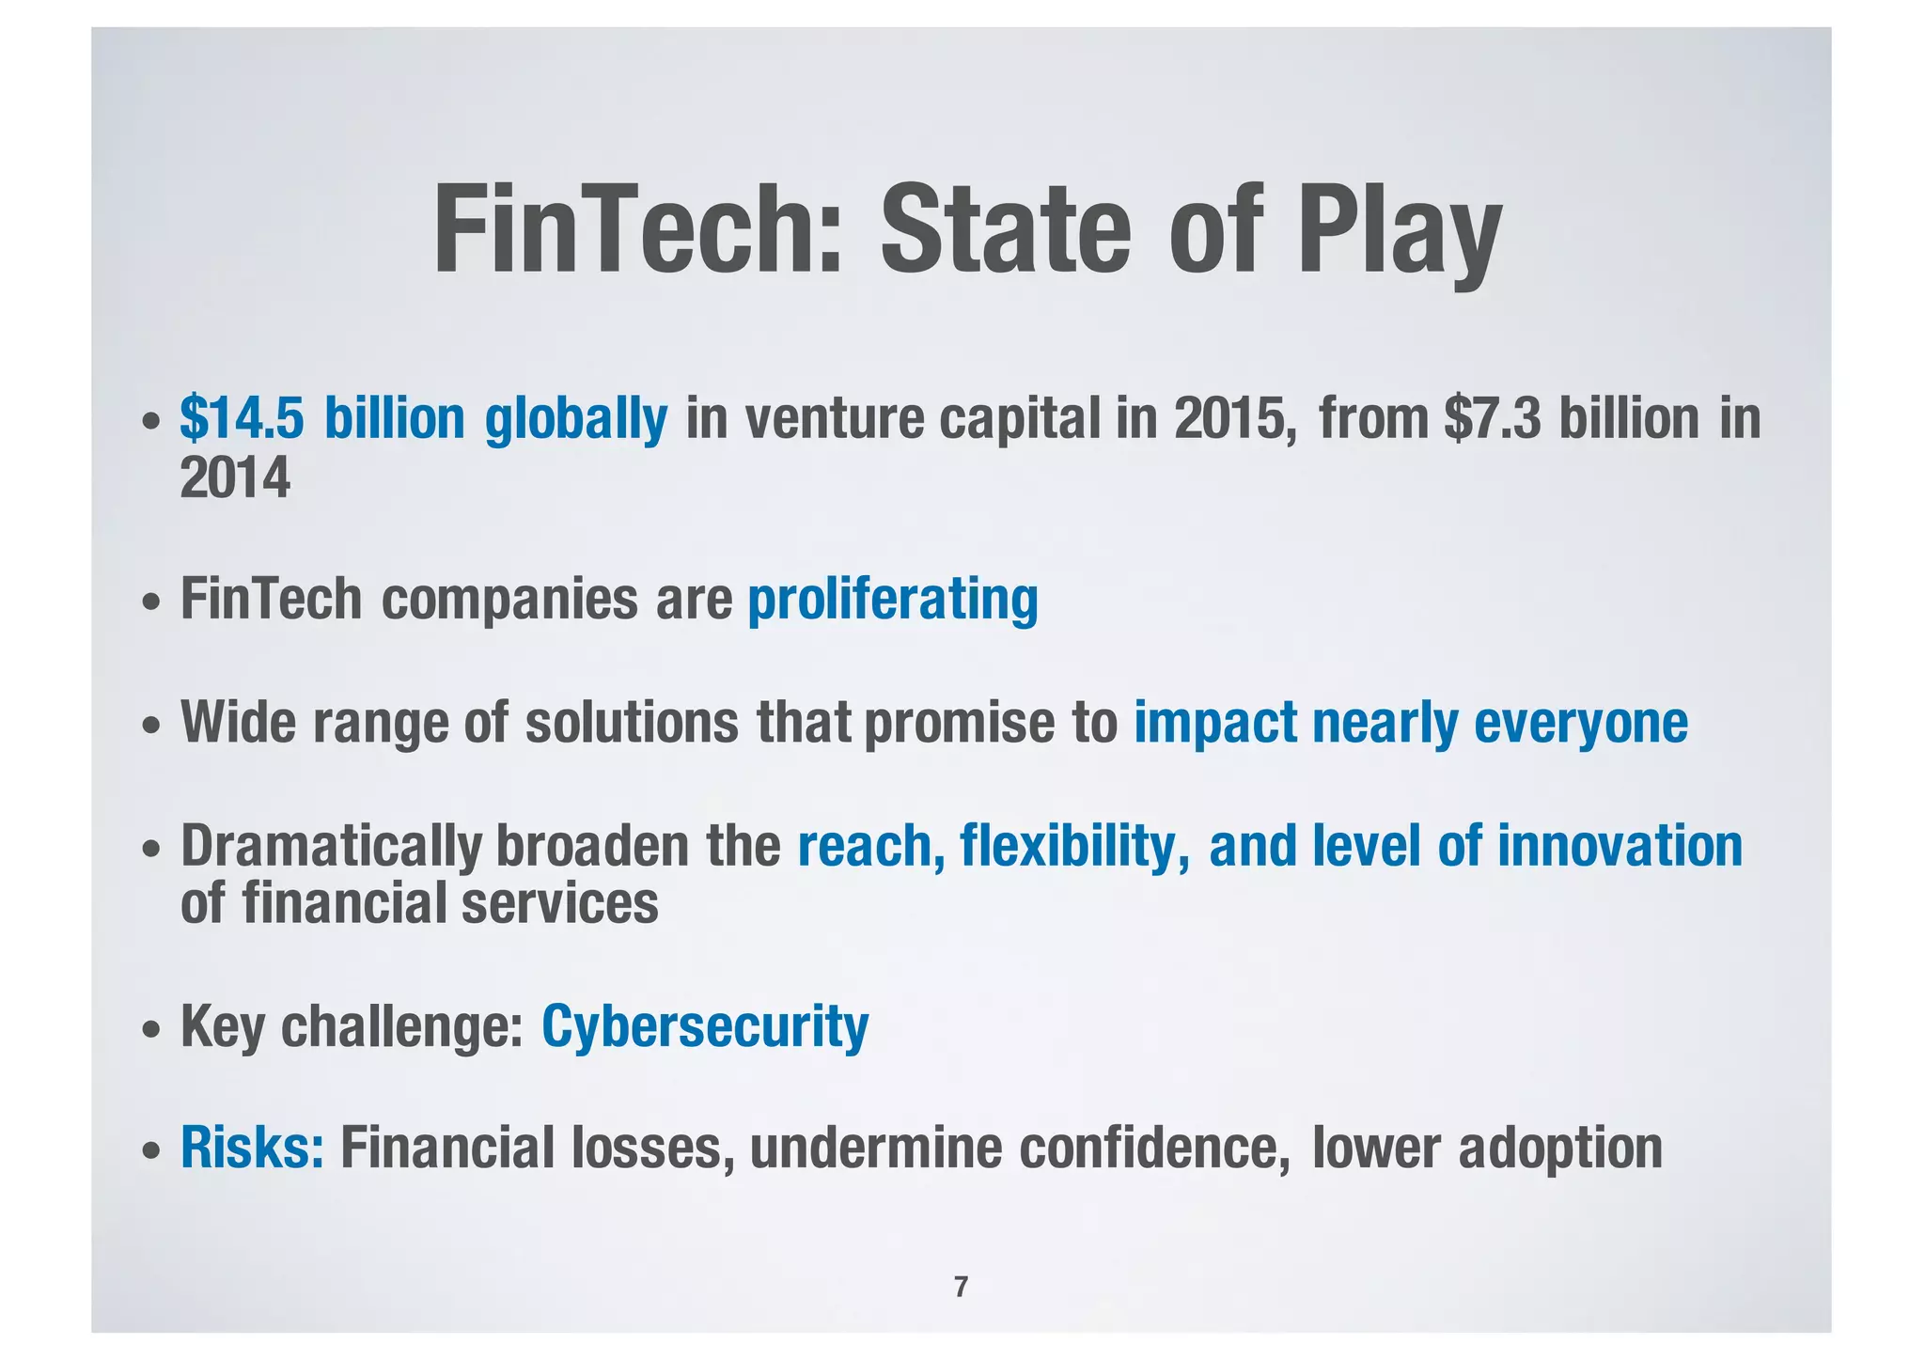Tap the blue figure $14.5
point(243,418)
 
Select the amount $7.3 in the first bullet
point(1493,418)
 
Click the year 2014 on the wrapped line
point(235,478)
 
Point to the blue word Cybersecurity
point(705,1026)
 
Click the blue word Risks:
point(252,1148)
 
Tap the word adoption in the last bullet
point(1560,1148)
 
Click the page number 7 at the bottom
point(961,1287)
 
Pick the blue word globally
point(575,418)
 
